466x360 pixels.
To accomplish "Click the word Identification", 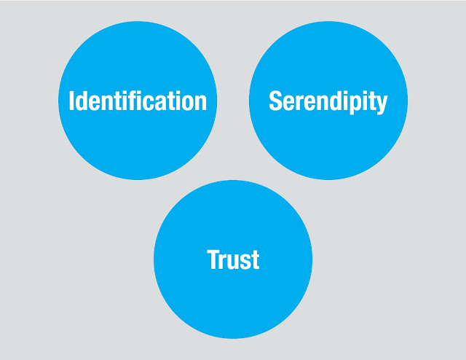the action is click(138, 101).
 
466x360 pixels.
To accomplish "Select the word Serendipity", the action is click(328, 101).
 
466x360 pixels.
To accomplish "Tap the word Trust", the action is click(233, 259).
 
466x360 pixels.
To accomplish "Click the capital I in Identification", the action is click(71, 101).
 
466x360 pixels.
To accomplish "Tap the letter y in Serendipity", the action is click(382, 104).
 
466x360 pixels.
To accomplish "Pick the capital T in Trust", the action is click(213, 259).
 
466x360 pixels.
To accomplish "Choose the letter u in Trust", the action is click(233, 262).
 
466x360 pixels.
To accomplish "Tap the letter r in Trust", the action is click(224, 262).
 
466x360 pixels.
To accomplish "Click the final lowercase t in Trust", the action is click(255, 260).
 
